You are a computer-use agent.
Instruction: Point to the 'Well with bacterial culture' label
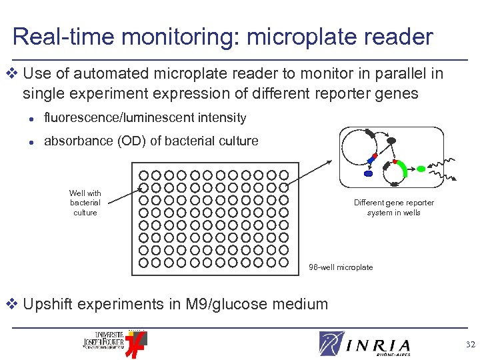85,203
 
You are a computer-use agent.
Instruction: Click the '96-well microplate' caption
341,267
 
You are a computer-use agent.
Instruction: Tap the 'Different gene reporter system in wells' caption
393,207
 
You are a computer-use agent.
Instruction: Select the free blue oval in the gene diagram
369,173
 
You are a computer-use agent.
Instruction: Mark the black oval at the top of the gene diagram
391,141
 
